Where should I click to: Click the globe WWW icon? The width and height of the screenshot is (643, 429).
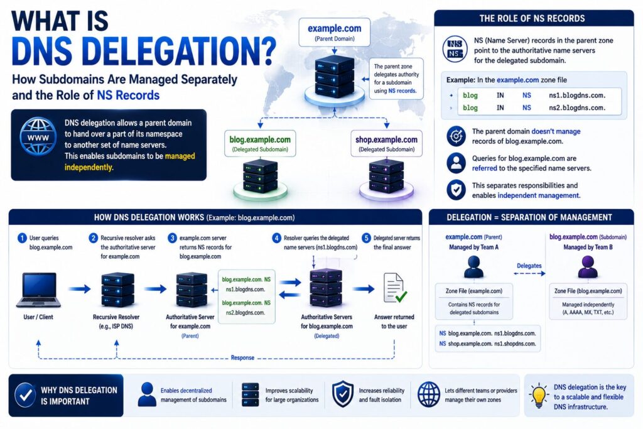tap(38, 136)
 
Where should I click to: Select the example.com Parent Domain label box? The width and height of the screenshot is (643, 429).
tap(334, 33)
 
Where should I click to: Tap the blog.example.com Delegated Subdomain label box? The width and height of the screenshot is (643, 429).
tap(260, 144)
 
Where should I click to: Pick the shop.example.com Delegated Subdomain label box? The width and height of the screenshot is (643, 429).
tap(386, 144)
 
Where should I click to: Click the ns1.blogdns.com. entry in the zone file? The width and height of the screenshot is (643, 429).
tap(577, 95)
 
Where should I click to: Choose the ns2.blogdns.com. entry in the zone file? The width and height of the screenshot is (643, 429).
tap(577, 108)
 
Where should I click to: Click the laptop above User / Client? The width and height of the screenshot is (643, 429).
tap(38, 290)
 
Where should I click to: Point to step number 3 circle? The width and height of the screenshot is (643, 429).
tap(173, 238)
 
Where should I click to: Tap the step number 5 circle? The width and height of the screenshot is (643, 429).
tap(366, 238)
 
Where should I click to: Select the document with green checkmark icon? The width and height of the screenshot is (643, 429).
tap(395, 288)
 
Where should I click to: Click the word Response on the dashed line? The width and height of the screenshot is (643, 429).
tap(242, 357)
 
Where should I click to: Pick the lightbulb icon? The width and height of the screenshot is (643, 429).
tap(538, 396)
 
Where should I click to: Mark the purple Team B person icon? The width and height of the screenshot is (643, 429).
tap(588, 267)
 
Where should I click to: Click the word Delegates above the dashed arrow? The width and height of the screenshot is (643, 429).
tap(529, 266)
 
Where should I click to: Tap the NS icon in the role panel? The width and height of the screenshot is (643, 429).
tap(455, 49)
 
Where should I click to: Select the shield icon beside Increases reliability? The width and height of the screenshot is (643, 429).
tap(343, 394)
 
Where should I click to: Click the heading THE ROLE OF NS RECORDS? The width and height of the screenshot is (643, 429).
tap(532, 18)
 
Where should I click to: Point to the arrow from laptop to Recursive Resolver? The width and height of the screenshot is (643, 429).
tap(80, 289)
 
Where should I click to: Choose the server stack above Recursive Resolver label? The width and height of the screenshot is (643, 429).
tap(117, 290)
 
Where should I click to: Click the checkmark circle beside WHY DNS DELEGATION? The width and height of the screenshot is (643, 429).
tap(25, 395)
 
